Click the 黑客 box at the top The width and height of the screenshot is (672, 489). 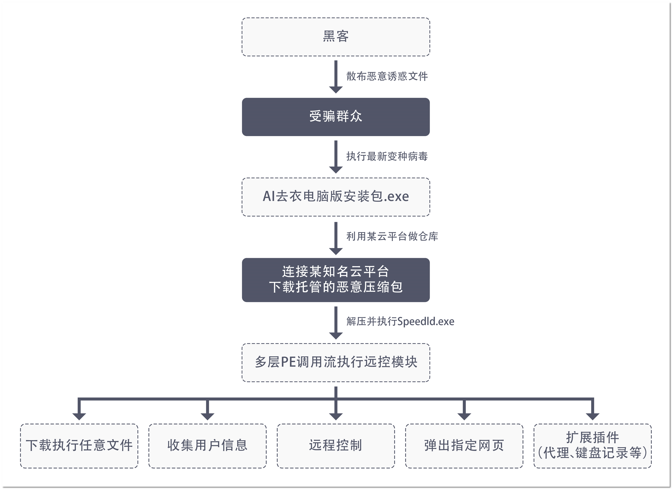tap(336, 37)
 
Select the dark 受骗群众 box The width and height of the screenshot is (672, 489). tap(336, 117)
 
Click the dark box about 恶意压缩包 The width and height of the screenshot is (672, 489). tap(336, 280)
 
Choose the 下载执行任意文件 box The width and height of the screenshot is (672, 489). tap(79, 446)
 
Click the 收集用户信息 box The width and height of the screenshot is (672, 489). tap(207, 446)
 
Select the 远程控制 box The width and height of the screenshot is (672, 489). tap(336, 446)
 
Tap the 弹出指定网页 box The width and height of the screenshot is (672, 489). tap(464, 446)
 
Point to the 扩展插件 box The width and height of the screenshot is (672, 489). tap(592, 446)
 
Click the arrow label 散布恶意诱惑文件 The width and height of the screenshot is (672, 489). tap(387, 77)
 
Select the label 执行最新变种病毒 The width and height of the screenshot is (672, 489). tap(387, 156)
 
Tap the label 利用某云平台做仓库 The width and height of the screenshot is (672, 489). tap(392, 237)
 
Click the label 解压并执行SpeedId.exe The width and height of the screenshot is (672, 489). tap(400, 321)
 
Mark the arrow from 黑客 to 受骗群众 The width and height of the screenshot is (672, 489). tap(336, 77)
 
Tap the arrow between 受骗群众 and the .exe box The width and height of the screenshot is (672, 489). tap(336, 156)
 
